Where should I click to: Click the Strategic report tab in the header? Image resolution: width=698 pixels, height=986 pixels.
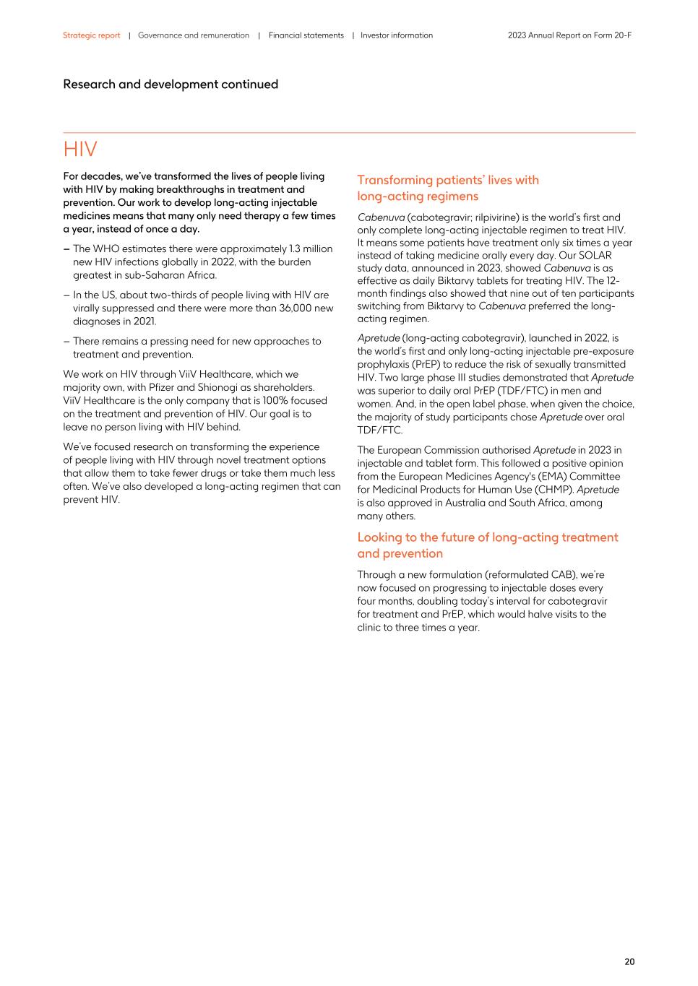pyautogui.click(x=91, y=35)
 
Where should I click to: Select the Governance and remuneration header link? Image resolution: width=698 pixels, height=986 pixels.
pyautogui.click(x=193, y=35)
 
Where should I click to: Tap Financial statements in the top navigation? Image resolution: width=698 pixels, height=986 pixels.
pyautogui.click(x=306, y=35)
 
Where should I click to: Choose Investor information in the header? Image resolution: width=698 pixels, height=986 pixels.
pyautogui.click(x=397, y=35)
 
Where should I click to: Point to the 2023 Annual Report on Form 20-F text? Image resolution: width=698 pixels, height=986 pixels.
pyautogui.click(x=569, y=35)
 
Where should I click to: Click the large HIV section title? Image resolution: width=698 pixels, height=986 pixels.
pyautogui.click(x=80, y=150)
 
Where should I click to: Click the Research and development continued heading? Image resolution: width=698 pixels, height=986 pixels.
pyautogui.click(x=171, y=85)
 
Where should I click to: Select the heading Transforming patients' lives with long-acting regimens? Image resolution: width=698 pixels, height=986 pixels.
pyautogui.click(x=448, y=188)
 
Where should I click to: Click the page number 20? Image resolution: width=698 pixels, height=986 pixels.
pyautogui.click(x=629, y=961)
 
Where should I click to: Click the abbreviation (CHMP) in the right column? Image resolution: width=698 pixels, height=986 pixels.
pyautogui.click(x=554, y=490)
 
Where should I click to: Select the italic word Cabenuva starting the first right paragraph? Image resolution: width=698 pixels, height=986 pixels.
pyautogui.click(x=381, y=217)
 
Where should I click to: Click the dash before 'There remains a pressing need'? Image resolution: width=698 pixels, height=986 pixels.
pyautogui.click(x=66, y=342)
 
